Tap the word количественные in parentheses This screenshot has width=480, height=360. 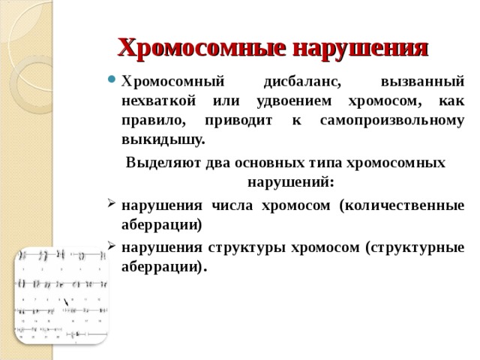(401, 205)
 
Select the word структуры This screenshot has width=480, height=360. (241, 246)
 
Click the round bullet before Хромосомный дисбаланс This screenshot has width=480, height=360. (112, 82)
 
